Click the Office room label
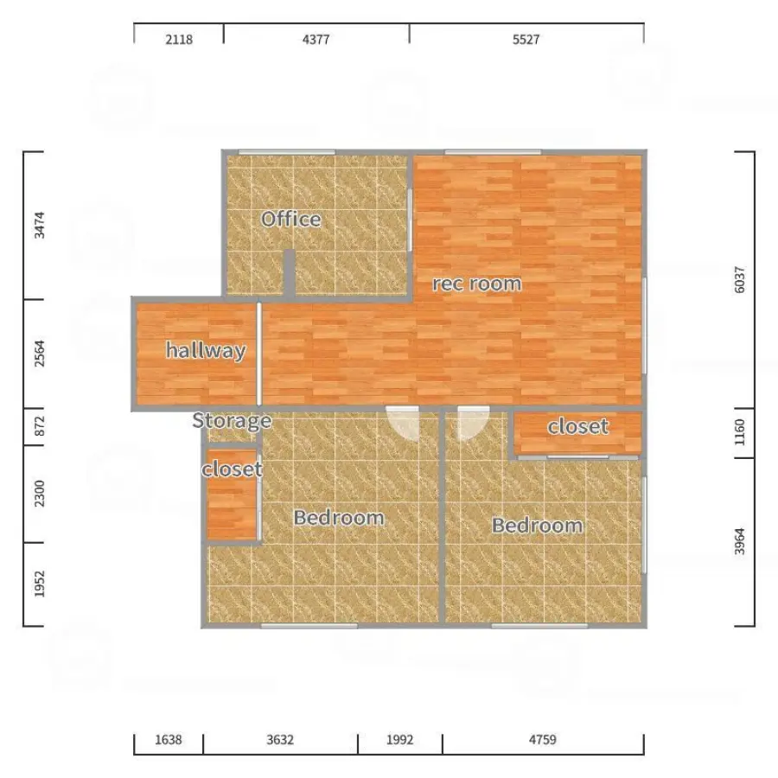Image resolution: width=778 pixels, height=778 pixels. click(x=290, y=219)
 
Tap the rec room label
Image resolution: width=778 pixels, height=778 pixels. click(x=477, y=284)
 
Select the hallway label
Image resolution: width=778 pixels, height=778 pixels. click(x=206, y=350)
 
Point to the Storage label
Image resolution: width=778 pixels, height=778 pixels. click(x=232, y=421)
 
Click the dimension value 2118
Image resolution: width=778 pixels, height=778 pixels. click(x=179, y=39)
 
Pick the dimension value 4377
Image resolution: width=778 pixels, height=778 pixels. click(x=316, y=39)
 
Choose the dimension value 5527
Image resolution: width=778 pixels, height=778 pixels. click(x=526, y=39)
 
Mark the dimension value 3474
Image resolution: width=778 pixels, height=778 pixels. click(x=39, y=225)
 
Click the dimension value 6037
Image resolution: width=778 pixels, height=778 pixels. click(x=739, y=280)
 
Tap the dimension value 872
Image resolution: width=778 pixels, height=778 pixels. click(x=39, y=426)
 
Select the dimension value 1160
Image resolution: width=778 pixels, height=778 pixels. click(x=739, y=432)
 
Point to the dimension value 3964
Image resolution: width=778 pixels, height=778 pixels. click(x=739, y=541)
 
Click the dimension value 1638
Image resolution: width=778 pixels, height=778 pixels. click(x=169, y=740)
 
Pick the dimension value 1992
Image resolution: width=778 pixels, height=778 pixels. click(x=399, y=740)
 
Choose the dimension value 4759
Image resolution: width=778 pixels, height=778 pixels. click(x=542, y=740)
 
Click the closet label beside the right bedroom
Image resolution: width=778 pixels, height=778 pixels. click(x=578, y=427)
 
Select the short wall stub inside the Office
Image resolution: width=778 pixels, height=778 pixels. click(x=290, y=273)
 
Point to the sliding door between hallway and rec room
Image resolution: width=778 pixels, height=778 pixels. click(x=259, y=354)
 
